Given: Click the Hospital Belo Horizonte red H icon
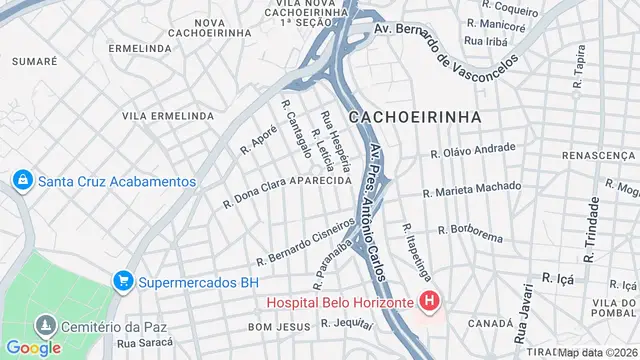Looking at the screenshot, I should click(x=430, y=300).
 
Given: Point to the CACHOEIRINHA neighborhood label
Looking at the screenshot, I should click(x=415, y=117).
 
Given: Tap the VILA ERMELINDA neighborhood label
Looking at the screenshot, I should click(x=167, y=116).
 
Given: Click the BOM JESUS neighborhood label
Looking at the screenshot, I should click(x=274, y=327).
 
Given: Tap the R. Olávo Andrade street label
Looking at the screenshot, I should click(x=473, y=150).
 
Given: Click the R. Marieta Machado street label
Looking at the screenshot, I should click(x=472, y=189).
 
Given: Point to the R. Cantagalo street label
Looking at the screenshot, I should click(x=296, y=136).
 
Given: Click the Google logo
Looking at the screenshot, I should click(x=34, y=348).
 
